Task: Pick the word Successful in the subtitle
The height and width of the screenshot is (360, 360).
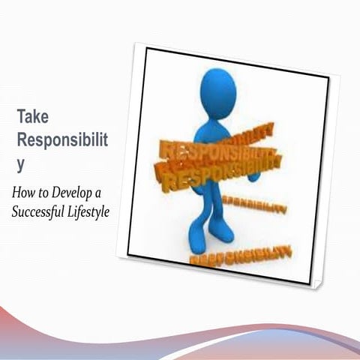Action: click(x=40, y=211)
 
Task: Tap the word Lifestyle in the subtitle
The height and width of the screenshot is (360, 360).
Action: click(x=90, y=211)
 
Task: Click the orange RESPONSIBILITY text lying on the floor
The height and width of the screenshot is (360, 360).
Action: click(x=240, y=256)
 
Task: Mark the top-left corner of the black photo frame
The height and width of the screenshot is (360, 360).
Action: click(x=147, y=49)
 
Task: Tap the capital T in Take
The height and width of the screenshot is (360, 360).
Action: click(x=22, y=116)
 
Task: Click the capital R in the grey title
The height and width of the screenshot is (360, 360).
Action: click(x=22, y=140)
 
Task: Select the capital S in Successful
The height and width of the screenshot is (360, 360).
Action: click(x=16, y=211)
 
